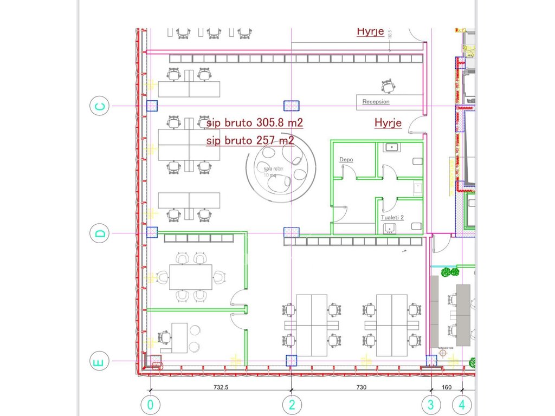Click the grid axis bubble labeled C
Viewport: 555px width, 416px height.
pyautogui.click(x=100, y=106)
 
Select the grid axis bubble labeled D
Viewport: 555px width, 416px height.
pyautogui.click(x=100, y=233)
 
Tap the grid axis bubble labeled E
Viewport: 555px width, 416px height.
pyautogui.click(x=100, y=361)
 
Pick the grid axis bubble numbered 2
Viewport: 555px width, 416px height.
pyautogui.click(x=292, y=404)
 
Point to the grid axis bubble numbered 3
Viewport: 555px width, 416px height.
pyautogui.click(x=431, y=404)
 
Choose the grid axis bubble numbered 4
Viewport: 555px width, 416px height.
pyautogui.click(x=462, y=404)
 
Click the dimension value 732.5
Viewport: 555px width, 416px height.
pyautogui.click(x=220, y=387)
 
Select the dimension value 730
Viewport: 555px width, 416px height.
pyautogui.click(x=362, y=387)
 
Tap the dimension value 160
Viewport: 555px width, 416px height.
pyautogui.click(x=447, y=387)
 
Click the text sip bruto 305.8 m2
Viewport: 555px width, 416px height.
pyautogui.click(x=254, y=123)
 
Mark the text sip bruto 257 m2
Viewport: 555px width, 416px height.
pyautogui.click(x=250, y=141)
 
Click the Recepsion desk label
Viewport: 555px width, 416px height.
pyautogui.click(x=376, y=102)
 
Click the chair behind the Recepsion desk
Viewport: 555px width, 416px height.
pyautogui.click(x=388, y=86)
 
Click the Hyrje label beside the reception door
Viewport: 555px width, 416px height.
pyautogui.click(x=388, y=123)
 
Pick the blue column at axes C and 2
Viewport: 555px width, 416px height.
pyautogui.click(x=292, y=106)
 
